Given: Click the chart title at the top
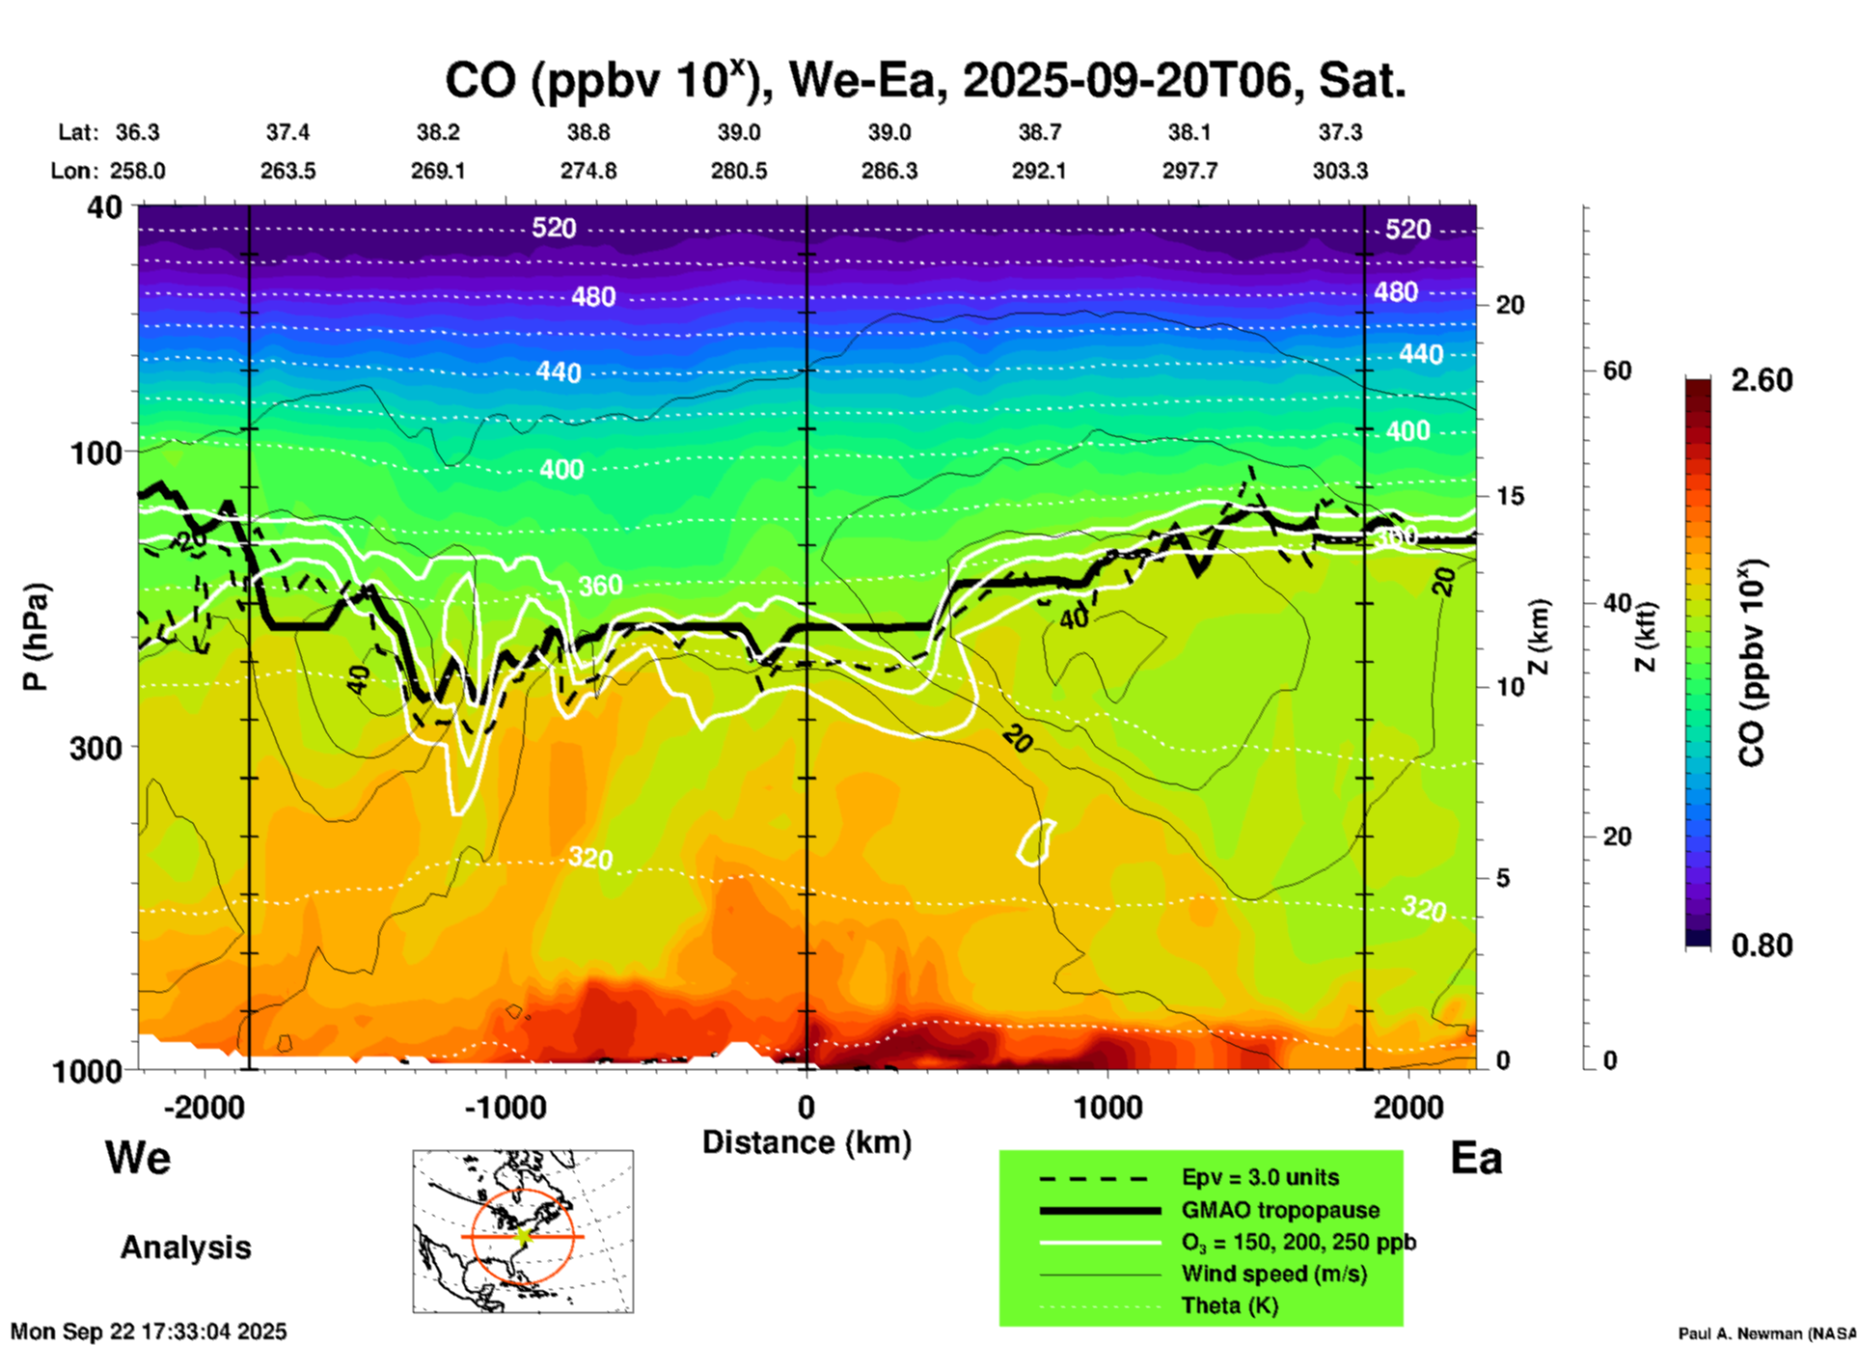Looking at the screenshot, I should click(924, 81).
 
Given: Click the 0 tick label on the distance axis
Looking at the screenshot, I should click(806, 1108).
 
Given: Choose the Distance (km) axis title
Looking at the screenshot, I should click(806, 1142).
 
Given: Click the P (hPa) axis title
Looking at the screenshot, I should click(35, 637).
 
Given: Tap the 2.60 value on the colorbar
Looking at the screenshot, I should click(1762, 380).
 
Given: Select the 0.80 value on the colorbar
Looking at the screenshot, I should click(1762, 946).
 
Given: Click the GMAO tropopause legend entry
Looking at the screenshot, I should click(1280, 1210).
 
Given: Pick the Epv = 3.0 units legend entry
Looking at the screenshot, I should click(1260, 1178).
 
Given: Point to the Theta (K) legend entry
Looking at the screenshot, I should click(1229, 1306).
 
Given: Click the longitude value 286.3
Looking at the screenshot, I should click(888, 172).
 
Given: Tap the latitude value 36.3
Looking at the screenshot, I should click(138, 132).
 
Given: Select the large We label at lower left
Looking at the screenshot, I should click(138, 1158).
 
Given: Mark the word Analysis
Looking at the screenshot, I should click(185, 1248).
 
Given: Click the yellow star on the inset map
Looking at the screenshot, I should click(523, 1236).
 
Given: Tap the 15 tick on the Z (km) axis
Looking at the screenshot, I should click(1510, 496).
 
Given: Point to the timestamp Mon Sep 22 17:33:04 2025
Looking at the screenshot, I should click(149, 1331).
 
